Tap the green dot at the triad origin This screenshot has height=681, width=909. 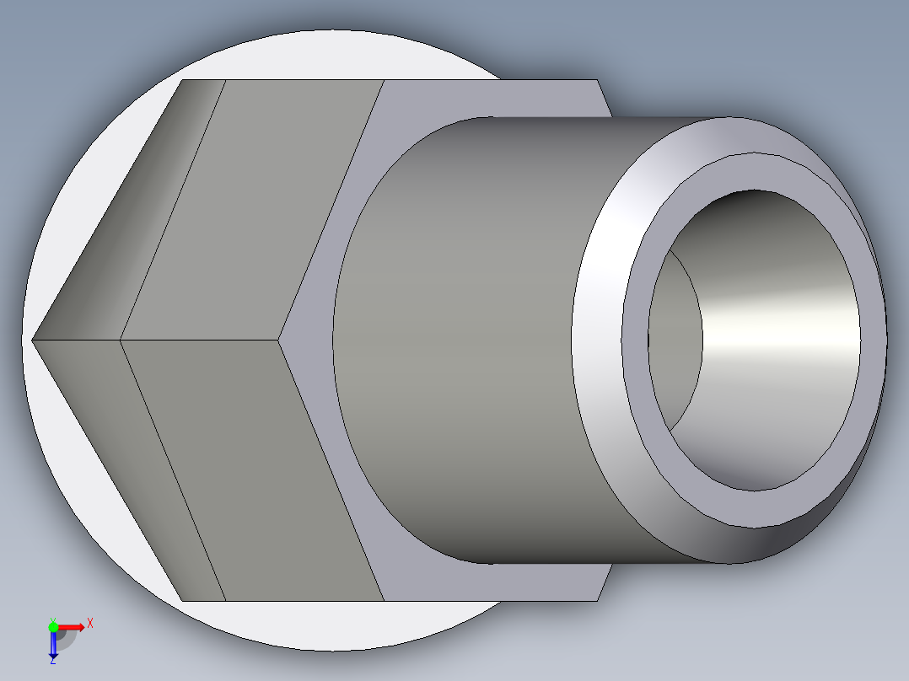[x=53, y=626]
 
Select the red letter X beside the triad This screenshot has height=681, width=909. [x=90, y=623]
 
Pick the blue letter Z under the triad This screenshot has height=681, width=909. [x=52, y=662]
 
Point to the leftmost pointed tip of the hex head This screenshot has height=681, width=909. [x=33, y=340]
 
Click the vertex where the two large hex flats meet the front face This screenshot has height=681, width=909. [x=279, y=340]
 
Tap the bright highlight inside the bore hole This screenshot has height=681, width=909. [x=784, y=320]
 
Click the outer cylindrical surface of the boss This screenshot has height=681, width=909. [x=464, y=337]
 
